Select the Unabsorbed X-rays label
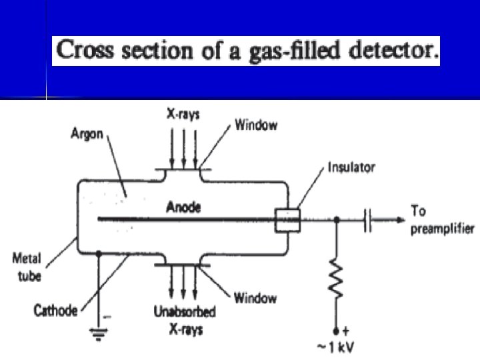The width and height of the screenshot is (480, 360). pyautogui.click(x=184, y=321)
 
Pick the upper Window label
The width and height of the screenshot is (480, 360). pyautogui.click(x=256, y=125)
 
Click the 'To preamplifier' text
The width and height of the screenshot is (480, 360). pyautogui.click(x=441, y=220)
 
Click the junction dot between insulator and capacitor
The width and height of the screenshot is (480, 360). pyautogui.click(x=337, y=219)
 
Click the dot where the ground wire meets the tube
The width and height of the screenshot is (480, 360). pyautogui.click(x=99, y=253)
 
